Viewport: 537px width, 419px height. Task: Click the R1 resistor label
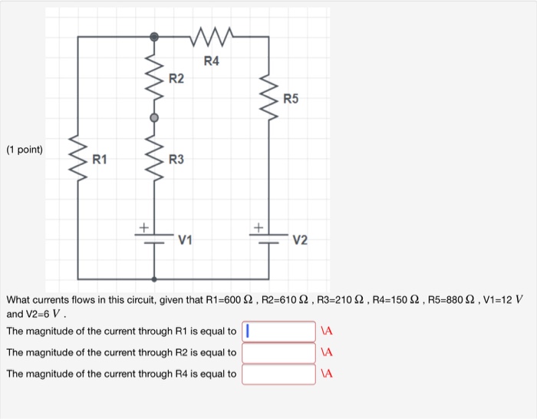(100, 160)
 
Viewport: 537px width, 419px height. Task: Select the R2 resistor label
(176, 78)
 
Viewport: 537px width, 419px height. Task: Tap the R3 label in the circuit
(176, 160)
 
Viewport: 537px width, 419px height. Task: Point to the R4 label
(211, 61)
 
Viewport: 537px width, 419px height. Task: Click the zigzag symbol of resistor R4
(211, 35)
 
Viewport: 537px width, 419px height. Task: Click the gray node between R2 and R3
(154, 117)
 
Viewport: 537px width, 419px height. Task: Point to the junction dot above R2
(154, 36)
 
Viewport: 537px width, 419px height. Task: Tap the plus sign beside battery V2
(258, 227)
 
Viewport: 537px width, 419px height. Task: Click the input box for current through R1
(278, 332)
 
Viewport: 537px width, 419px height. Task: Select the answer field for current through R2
(278, 353)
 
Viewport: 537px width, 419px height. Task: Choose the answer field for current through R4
(278, 374)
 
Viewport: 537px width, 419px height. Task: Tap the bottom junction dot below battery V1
(154, 279)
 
